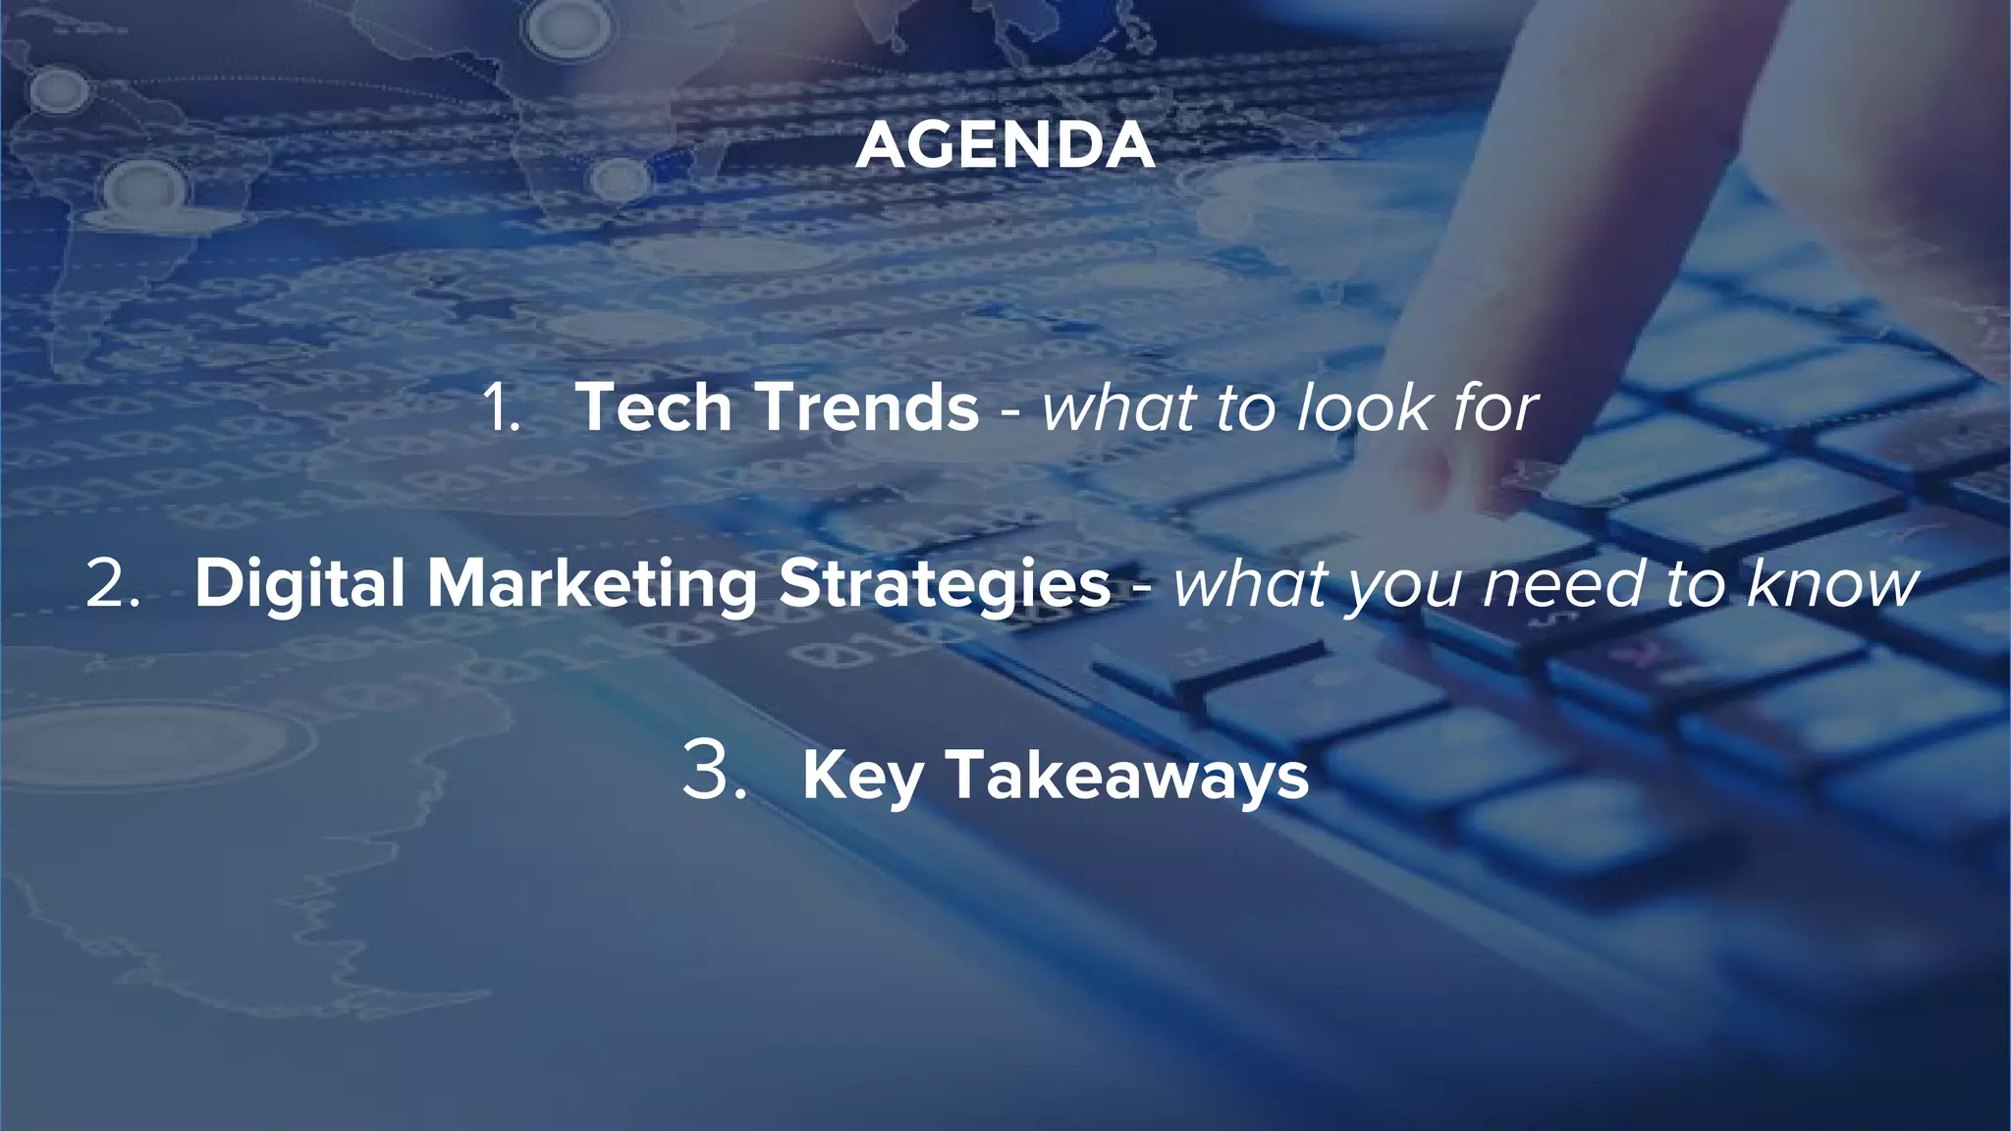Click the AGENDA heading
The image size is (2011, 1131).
click(1005, 145)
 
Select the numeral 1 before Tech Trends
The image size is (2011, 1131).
click(500, 407)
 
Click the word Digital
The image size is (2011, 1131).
click(300, 584)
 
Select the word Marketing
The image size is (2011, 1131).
click(592, 586)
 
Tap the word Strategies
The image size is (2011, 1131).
click(945, 586)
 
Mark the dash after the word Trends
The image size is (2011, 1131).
click(1009, 412)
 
